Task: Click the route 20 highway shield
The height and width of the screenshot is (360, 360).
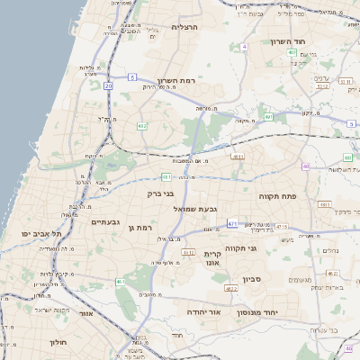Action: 109,85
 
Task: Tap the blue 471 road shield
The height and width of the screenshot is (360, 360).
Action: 232,223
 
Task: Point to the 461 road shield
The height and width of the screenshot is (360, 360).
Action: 120,283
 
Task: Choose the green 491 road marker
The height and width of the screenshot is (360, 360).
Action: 268,117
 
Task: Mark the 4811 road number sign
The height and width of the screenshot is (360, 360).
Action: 237,157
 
